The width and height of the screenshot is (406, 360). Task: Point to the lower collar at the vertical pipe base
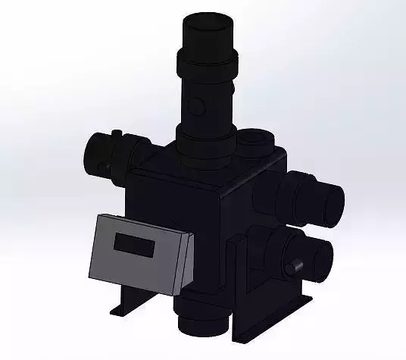tap(205, 140)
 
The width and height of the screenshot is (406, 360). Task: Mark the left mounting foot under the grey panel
tap(121, 308)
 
